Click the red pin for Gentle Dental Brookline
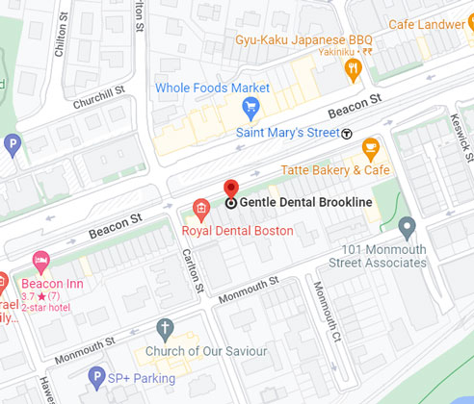(x=230, y=189)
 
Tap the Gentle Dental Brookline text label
(x=304, y=203)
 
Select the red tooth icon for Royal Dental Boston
(x=200, y=206)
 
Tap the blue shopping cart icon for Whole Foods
(x=250, y=107)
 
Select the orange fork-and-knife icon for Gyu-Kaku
(x=353, y=67)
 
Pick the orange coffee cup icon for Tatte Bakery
(x=369, y=148)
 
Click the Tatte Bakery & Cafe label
(x=334, y=170)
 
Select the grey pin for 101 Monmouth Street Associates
(x=407, y=228)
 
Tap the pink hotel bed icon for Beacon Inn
(x=39, y=259)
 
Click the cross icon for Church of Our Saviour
(x=166, y=328)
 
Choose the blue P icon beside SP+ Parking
(x=94, y=376)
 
